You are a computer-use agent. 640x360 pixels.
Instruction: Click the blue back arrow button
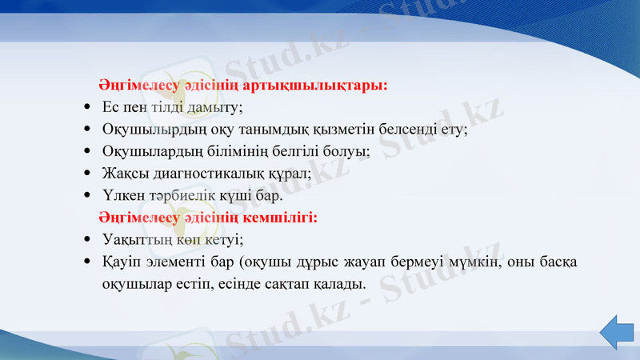point(617,332)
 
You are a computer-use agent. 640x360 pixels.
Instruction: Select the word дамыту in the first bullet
point(218,106)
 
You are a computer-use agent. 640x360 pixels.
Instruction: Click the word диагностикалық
point(207,172)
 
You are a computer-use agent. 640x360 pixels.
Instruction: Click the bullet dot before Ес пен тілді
point(86,106)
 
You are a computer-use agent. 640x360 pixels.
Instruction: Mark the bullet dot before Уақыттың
point(86,239)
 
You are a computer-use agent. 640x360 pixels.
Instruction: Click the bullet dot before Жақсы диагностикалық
point(86,172)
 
